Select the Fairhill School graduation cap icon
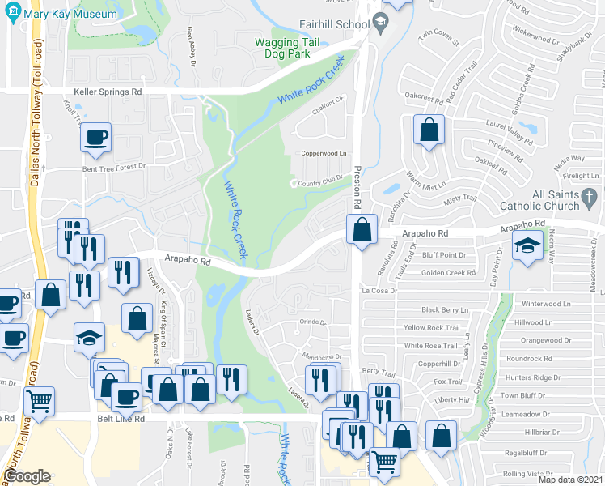[x=378, y=24]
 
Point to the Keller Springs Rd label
[x=108, y=92]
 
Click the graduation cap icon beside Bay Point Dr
[x=529, y=245]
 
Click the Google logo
[x=27, y=476]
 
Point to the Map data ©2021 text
[x=571, y=480]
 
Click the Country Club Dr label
[x=321, y=182]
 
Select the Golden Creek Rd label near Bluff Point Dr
[x=448, y=273]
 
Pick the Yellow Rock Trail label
[x=432, y=328]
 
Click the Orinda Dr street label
[x=312, y=322]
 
